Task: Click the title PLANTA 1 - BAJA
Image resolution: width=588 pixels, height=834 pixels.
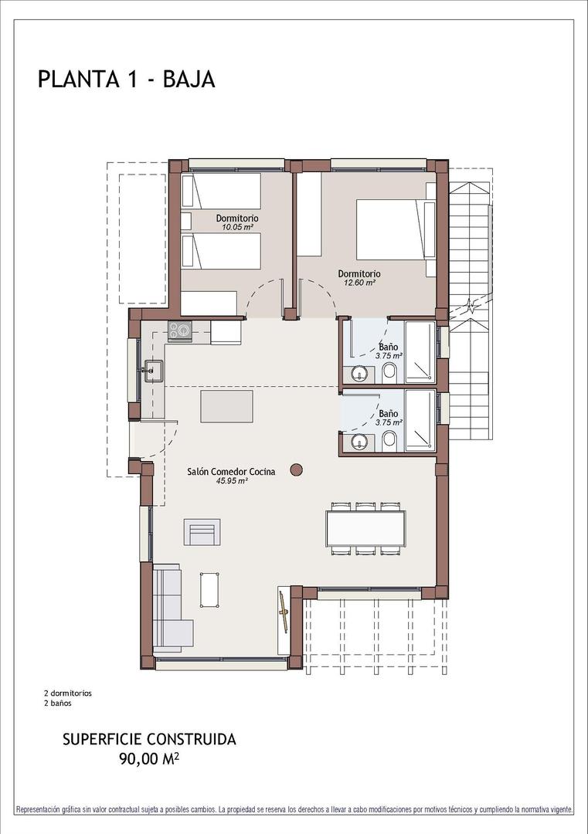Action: pyautogui.click(x=126, y=80)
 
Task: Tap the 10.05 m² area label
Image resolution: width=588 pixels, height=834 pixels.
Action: pyautogui.click(x=237, y=228)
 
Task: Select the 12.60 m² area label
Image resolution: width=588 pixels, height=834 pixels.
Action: pyautogui.click(x=359, y=283)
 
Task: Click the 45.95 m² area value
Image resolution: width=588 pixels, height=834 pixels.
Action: pyautogui.click(x=232, y=480)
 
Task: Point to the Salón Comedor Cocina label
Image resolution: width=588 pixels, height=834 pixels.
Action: pyautogui.click(x=232, y=471)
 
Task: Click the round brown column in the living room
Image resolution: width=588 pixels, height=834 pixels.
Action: pyautogui.click(x=296, y=469)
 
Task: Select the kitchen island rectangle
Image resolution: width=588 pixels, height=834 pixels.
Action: pyautogui.click(x=226, y=406)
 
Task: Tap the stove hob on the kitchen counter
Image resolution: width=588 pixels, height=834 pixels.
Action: pyautogui.click(x=180, y=331)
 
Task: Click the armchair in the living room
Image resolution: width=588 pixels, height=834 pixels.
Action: pyautogui.click(x=202, y=534)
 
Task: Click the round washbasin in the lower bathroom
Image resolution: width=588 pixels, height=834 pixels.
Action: pyautogui.click(x=359, y=442)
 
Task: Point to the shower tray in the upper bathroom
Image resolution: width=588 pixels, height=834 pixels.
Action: pyautogui.click(x=420, y=351)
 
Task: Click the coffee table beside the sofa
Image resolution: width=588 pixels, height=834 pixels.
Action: pyautogui.click(x=209, y=590)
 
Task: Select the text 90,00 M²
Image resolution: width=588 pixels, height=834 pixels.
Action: pyautogui.click(x=149, y=759)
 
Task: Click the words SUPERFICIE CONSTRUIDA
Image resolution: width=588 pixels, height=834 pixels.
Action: pyautogui.click(x=149, y=739)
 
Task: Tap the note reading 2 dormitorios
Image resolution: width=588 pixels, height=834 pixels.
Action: pyautogui.click(x=68, y=693)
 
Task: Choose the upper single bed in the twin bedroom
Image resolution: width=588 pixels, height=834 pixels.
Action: pyautogui.click(x=221, y=191)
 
